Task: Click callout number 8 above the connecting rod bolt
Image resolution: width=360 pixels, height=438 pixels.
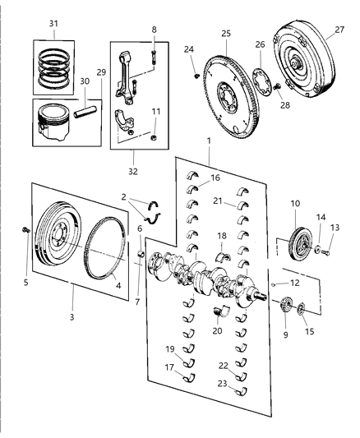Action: coord(154,30)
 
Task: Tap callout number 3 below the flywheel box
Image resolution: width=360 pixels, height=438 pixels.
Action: coord(72,316)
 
